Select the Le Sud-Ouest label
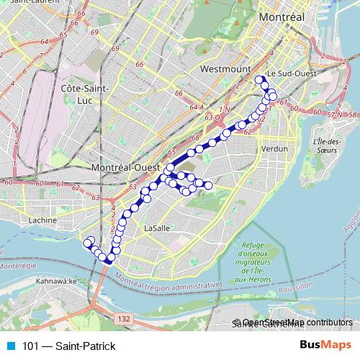coord(291,73)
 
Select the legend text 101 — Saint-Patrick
coord(68,346)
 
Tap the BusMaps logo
coord(325,346)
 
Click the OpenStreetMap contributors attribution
coord(297,323)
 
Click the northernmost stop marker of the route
coord(260,80)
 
